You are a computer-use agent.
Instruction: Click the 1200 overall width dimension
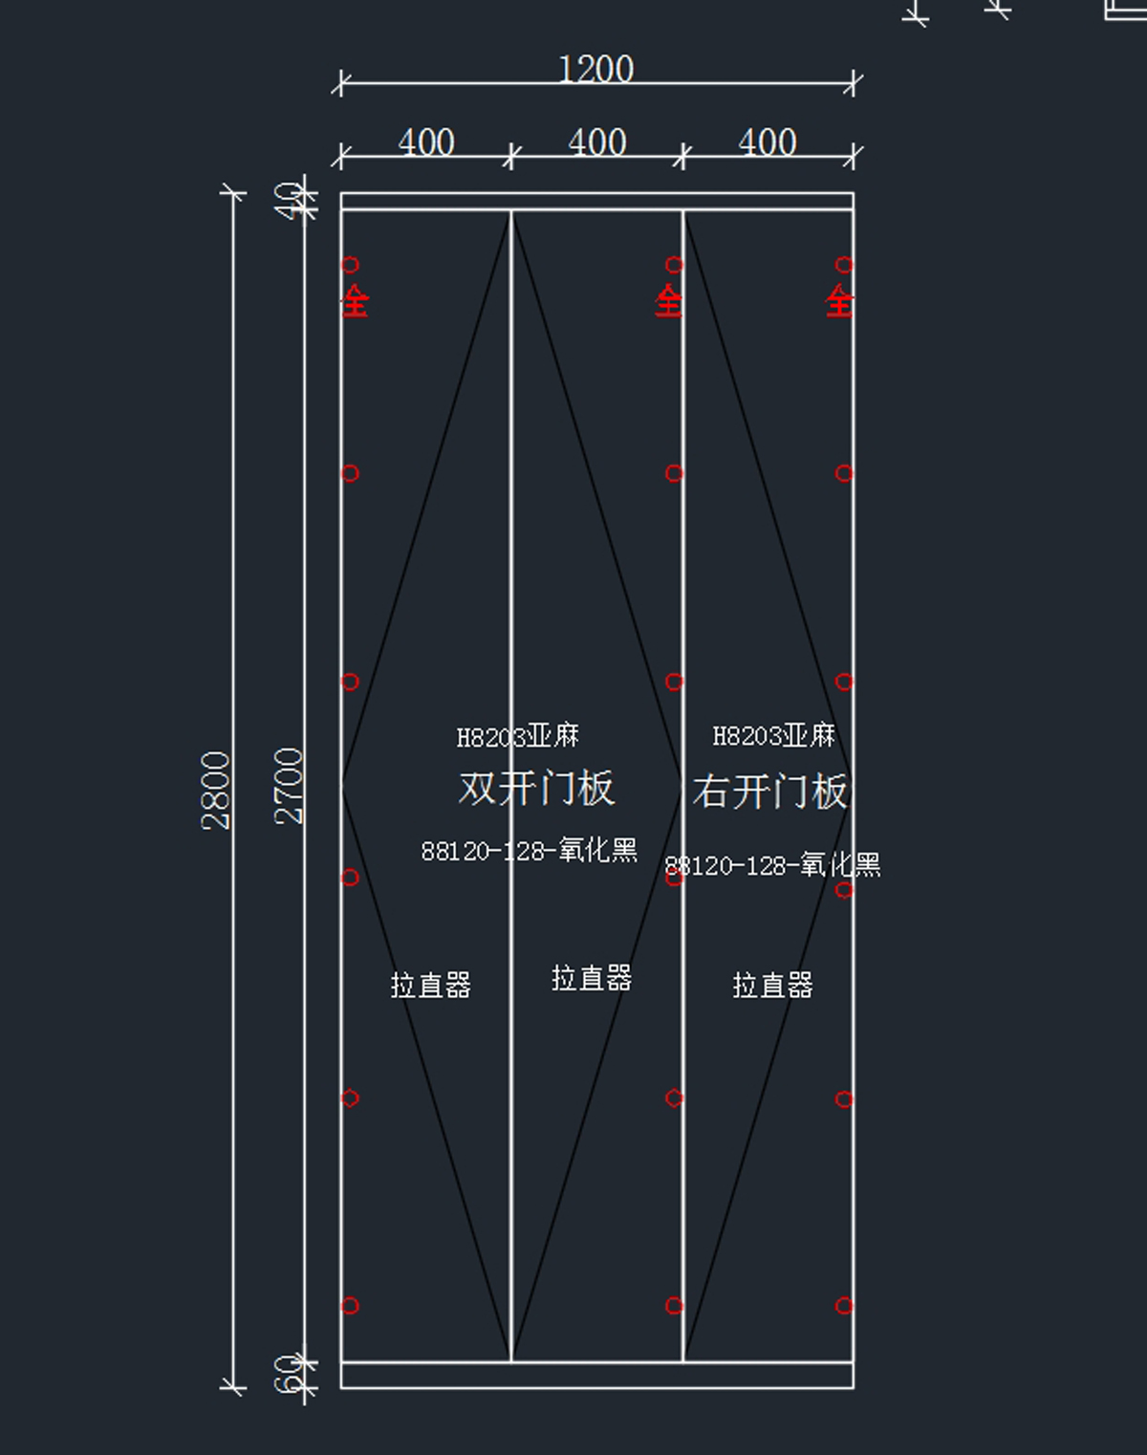tap(595, 70)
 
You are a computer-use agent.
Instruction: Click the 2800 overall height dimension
tap(217, 790)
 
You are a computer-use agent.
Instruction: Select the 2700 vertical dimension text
tap(289, 786)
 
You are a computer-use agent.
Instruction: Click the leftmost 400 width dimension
tap(425, 143)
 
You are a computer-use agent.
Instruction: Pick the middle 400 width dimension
tap(596, 143)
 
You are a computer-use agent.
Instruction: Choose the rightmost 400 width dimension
tap(767, 143)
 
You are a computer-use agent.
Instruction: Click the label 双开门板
tap(535, 789)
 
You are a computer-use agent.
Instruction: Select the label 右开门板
tap(769, 792)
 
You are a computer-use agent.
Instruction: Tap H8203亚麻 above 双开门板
tap(517, 736)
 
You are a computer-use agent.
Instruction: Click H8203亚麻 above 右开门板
tap(773, 735)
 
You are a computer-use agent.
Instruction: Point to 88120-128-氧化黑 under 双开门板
tap(529, 850)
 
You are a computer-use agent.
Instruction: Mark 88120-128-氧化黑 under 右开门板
tap(772, 865)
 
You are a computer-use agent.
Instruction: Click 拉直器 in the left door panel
tap(430, 985)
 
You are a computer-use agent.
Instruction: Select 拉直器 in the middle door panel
tap(592, 978)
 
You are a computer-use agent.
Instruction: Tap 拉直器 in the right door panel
tap(772, 985)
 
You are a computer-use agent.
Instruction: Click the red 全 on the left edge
tap(355, 301)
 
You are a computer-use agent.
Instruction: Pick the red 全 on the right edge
tap(839, 301)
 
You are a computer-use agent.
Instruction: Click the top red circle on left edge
tap(350, 265)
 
